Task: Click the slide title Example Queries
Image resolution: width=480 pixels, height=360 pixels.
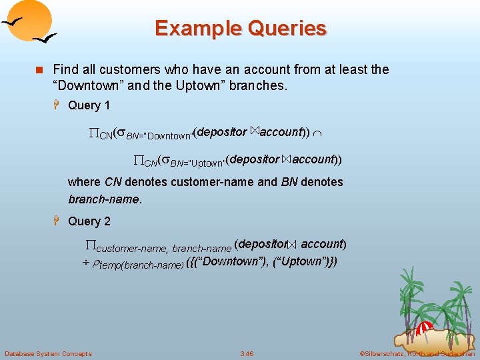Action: coord(240,29)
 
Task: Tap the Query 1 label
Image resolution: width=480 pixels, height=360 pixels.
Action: coord(89,105)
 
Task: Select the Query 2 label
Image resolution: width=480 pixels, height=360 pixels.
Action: coord(89,221)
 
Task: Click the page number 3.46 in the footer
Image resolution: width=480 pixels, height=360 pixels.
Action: coord(247,353)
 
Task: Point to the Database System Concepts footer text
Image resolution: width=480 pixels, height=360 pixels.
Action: coord(48,353)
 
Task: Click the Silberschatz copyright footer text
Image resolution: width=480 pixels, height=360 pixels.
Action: coord(417,353)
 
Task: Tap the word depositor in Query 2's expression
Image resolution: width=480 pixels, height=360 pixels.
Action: coord(263,244)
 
